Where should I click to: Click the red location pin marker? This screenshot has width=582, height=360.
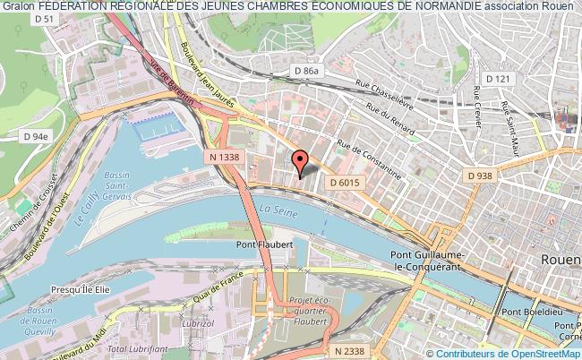point(301,160)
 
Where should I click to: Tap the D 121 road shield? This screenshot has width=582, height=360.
point(497,80)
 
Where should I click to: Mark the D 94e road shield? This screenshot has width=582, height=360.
point(35,136)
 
